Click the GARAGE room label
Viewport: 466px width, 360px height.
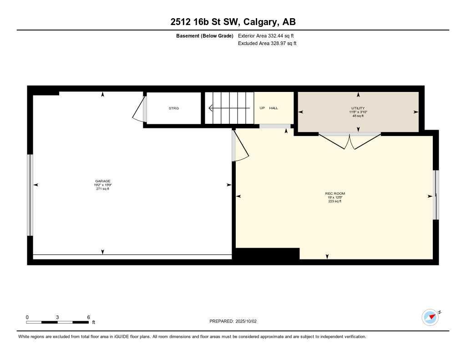[x=103, y=181]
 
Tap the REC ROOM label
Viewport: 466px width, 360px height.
[x=334, y=193]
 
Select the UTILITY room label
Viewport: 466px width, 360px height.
[x=358, y=108]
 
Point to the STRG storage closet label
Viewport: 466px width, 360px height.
[x=174, y=108]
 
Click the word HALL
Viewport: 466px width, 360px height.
[x=274, y=108]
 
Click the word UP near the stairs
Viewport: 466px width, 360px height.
[x=262, y=108]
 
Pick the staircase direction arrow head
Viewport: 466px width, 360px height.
[x=211, y=108]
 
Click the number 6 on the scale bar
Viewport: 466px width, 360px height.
[x=88, y=317]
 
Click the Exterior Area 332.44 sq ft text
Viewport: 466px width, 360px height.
[x=263, y=35]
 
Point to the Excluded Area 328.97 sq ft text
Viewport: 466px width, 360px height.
[x=267, y=44]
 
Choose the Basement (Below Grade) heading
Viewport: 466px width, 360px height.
[x=204, y=35]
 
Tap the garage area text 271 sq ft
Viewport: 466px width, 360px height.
[x=103, y=189]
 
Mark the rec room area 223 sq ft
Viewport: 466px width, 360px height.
[x=334, y=201]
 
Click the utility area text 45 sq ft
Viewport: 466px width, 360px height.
[x=358, y=116]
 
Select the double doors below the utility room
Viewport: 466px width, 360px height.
[x=349, y=141]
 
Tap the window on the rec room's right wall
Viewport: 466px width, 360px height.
[x=436, y=195]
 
